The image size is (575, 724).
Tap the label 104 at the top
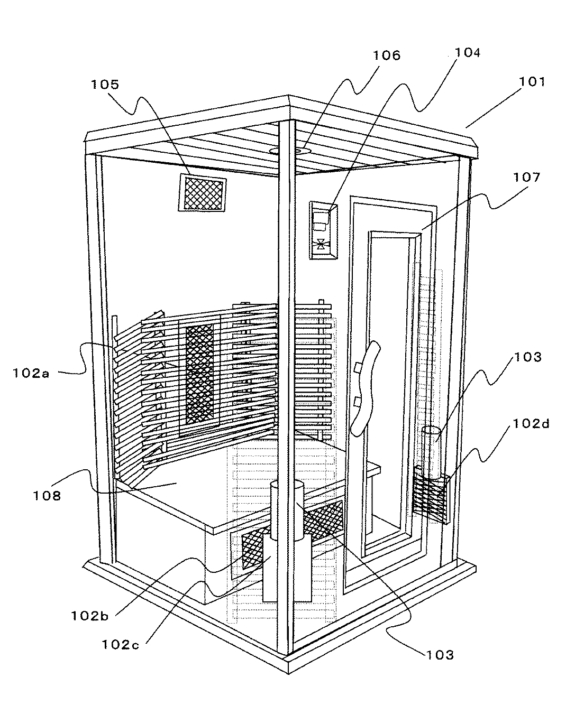(x=468, y=53)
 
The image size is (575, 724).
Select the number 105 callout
(x=104, y=85)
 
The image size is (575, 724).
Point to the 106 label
(x=387, y=55)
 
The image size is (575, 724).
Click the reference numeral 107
(x=526, y=177)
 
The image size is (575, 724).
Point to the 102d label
(x=530, y=423)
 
